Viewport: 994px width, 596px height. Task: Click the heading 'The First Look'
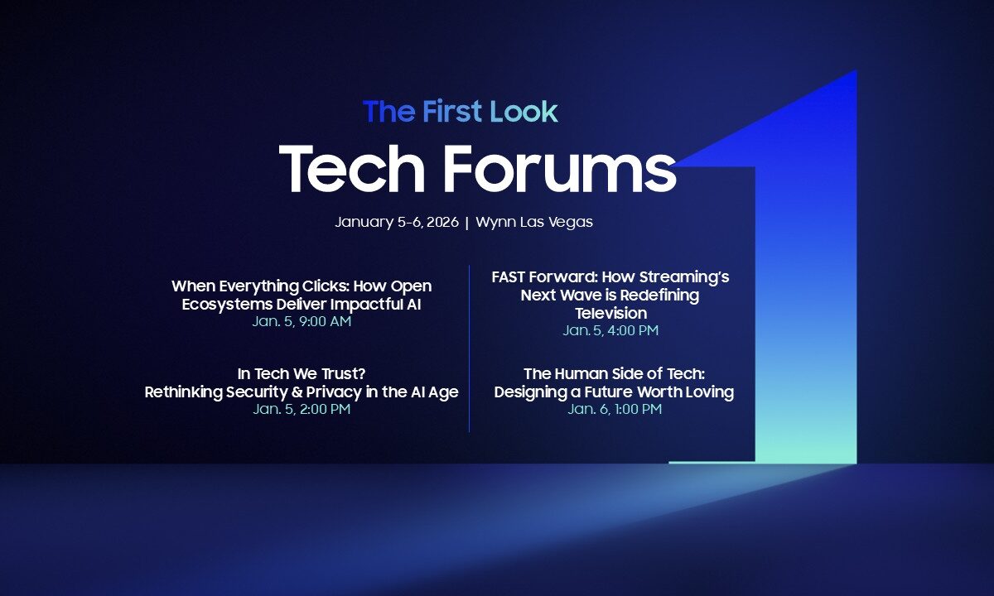tap(461, 112)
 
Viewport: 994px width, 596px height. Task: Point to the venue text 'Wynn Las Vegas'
tap(534, 223)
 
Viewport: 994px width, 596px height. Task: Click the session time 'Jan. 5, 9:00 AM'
tap(302, 322)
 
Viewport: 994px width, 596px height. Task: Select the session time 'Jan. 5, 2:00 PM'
tap(302, 410)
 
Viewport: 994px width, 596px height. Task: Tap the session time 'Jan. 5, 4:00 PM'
tap(611, 331)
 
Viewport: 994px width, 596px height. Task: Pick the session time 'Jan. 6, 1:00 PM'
tap(615, 410)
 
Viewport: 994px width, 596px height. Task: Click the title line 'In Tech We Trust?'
tap(302, 374)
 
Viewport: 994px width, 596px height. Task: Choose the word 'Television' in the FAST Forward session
tap(611, 314)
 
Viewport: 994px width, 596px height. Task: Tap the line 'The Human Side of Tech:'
tap(614, 374)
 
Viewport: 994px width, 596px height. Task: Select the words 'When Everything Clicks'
tap(260, 286)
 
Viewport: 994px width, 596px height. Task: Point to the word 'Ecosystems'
tap(223, 304)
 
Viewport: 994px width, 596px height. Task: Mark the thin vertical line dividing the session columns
tap(470, 348)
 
